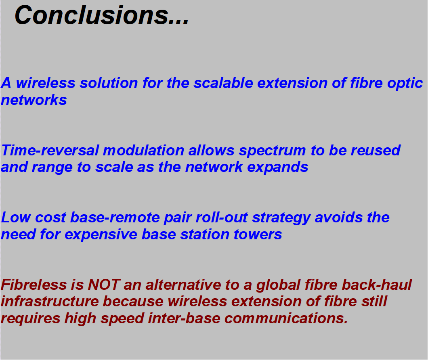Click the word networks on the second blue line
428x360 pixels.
[x=34, y=100]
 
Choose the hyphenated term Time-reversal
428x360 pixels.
[x=50, y=151]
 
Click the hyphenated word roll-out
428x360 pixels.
[x=222, y=218]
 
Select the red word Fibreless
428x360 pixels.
[x=34, y=285]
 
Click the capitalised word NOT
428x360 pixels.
[x=104, y=285]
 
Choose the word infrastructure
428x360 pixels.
[x=50, y=302]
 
